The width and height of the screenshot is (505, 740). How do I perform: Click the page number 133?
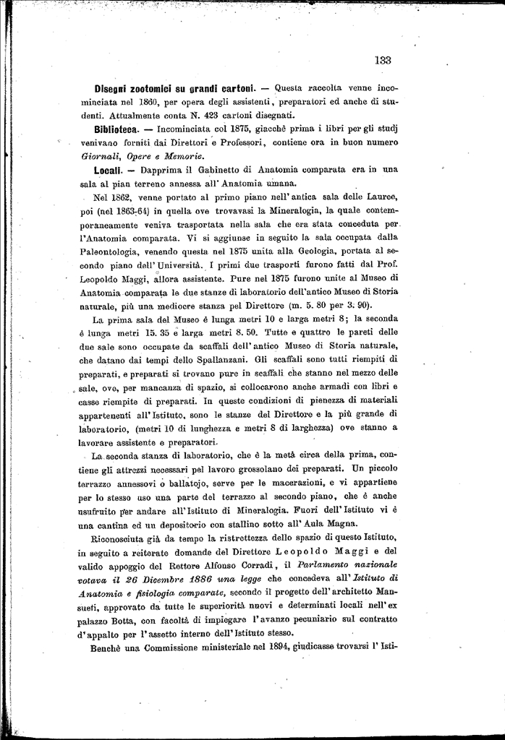[383, 61]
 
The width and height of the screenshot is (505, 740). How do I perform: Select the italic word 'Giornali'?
[100, 155]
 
